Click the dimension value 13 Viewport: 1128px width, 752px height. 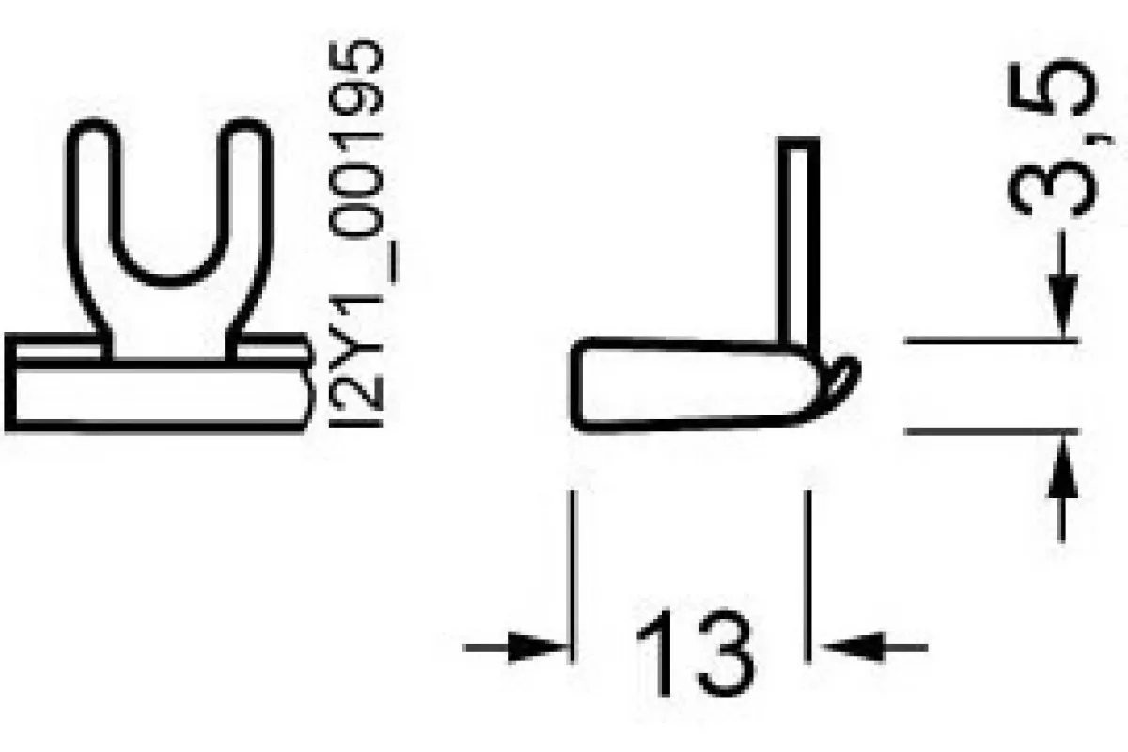pyautogui.click(x=697, y=654)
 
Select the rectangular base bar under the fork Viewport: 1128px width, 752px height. pyautogui.click(x=157, y=396)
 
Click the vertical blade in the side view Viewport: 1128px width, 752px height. pyautogui.click(x=799, y=241)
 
